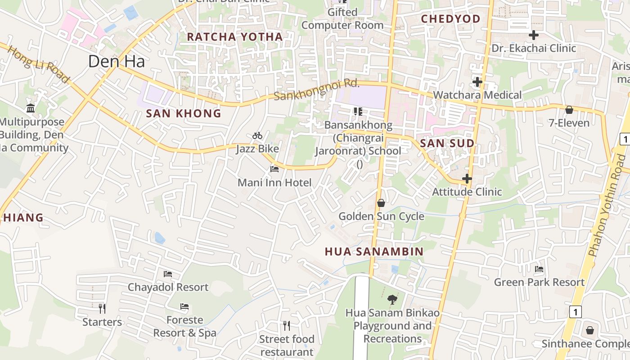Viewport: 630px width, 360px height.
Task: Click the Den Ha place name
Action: point(117,61)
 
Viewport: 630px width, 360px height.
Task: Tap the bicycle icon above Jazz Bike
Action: point(257,135)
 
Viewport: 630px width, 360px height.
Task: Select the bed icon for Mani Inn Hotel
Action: point(274,169)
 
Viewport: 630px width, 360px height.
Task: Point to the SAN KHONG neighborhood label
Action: point(184,113)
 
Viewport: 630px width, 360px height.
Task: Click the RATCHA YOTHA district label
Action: point(235,37)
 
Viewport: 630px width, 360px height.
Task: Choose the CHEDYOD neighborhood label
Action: point(450,19)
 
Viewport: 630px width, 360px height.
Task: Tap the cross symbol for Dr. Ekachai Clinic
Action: point(534,35)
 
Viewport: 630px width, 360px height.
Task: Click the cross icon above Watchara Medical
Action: point(477,82)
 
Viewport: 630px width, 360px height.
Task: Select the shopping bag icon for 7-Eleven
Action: point(569,110)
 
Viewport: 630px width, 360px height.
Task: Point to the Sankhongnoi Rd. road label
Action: point(317,90)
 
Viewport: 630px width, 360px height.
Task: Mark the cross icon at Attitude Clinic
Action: point(467,179)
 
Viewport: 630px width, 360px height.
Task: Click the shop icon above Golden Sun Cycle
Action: point(381,203)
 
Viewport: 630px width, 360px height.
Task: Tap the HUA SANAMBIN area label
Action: point(374,252)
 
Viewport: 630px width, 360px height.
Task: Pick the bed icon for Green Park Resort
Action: point(539,270)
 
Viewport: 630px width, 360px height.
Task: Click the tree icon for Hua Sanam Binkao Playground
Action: point(392,299)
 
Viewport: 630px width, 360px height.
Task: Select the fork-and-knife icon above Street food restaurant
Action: point(287,325)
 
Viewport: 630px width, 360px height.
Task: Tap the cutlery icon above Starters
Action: point(102,308)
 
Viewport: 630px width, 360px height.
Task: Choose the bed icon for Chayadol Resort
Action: point(168,274)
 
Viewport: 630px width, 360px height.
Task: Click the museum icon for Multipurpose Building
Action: point(31,108)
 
